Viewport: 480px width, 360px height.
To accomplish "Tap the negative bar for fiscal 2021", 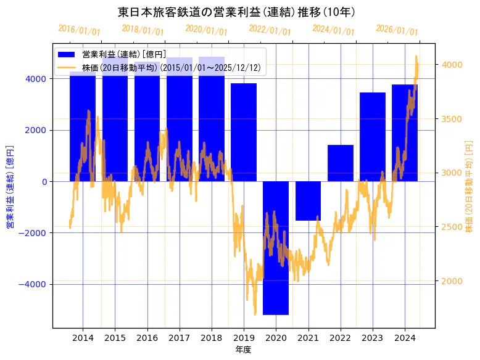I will click(308, 200).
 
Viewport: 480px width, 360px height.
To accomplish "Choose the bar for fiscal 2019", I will click(244, 132).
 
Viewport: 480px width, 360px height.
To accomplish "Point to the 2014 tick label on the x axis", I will click(83, 338).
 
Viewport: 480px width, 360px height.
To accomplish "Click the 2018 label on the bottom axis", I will click(212, 338).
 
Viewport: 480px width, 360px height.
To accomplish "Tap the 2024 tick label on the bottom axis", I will click(405, 338).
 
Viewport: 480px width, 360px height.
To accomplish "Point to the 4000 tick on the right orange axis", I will click(451, 65).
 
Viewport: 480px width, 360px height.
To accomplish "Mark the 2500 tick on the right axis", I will click(451, 227).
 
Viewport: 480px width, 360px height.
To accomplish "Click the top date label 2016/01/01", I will click(79, 30).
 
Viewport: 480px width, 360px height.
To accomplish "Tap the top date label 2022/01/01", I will click(270, 30).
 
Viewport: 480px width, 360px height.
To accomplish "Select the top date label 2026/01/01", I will click(397, 30).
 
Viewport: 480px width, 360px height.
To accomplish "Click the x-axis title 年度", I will click(244, 350).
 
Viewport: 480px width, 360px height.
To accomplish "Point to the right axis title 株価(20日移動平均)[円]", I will click(470, 186).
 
